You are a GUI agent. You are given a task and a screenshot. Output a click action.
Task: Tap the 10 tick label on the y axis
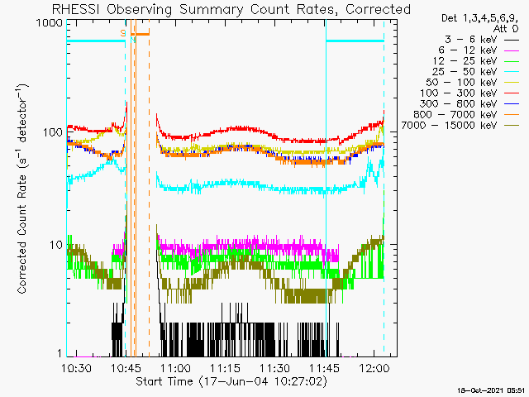pyautogui.click(x=55, y=245)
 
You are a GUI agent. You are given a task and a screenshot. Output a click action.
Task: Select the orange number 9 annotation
pyautogui.click(x=123, y=32)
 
